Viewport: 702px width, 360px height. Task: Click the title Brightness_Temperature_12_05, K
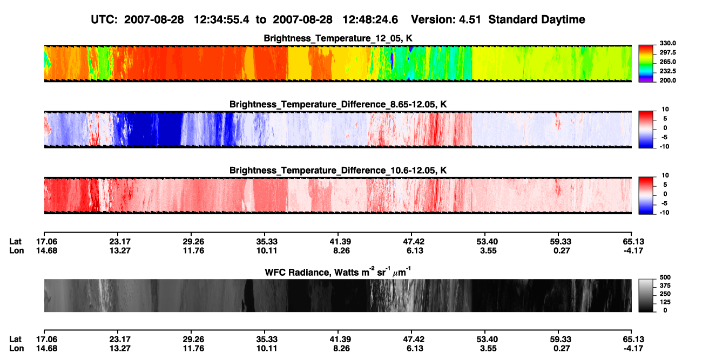(338, 38)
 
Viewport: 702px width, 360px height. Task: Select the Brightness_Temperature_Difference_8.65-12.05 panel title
(338, 104)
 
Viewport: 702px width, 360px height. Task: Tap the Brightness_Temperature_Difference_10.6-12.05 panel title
(338, 171)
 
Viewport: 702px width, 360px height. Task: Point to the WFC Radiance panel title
(338, 271)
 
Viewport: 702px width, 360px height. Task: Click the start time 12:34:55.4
(221, 20)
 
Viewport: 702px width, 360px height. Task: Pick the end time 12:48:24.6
(370, 20)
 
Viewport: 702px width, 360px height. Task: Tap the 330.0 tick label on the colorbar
(667, 43)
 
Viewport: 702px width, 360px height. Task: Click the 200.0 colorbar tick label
(667, 80)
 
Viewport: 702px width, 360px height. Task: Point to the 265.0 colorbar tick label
(667, 62)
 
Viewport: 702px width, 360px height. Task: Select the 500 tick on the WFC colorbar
(665, 277)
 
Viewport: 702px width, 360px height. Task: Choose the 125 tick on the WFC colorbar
(665, 302)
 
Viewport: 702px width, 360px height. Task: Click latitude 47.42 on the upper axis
(413, 242)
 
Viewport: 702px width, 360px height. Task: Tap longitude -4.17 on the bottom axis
(633, 349)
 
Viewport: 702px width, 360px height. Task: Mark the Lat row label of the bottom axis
(15, 339)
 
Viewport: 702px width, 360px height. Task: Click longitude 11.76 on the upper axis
(193, 250)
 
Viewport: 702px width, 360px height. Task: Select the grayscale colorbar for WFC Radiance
(646, 295)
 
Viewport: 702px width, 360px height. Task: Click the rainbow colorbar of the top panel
(646, 64)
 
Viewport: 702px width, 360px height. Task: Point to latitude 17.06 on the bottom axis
(46, 339)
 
